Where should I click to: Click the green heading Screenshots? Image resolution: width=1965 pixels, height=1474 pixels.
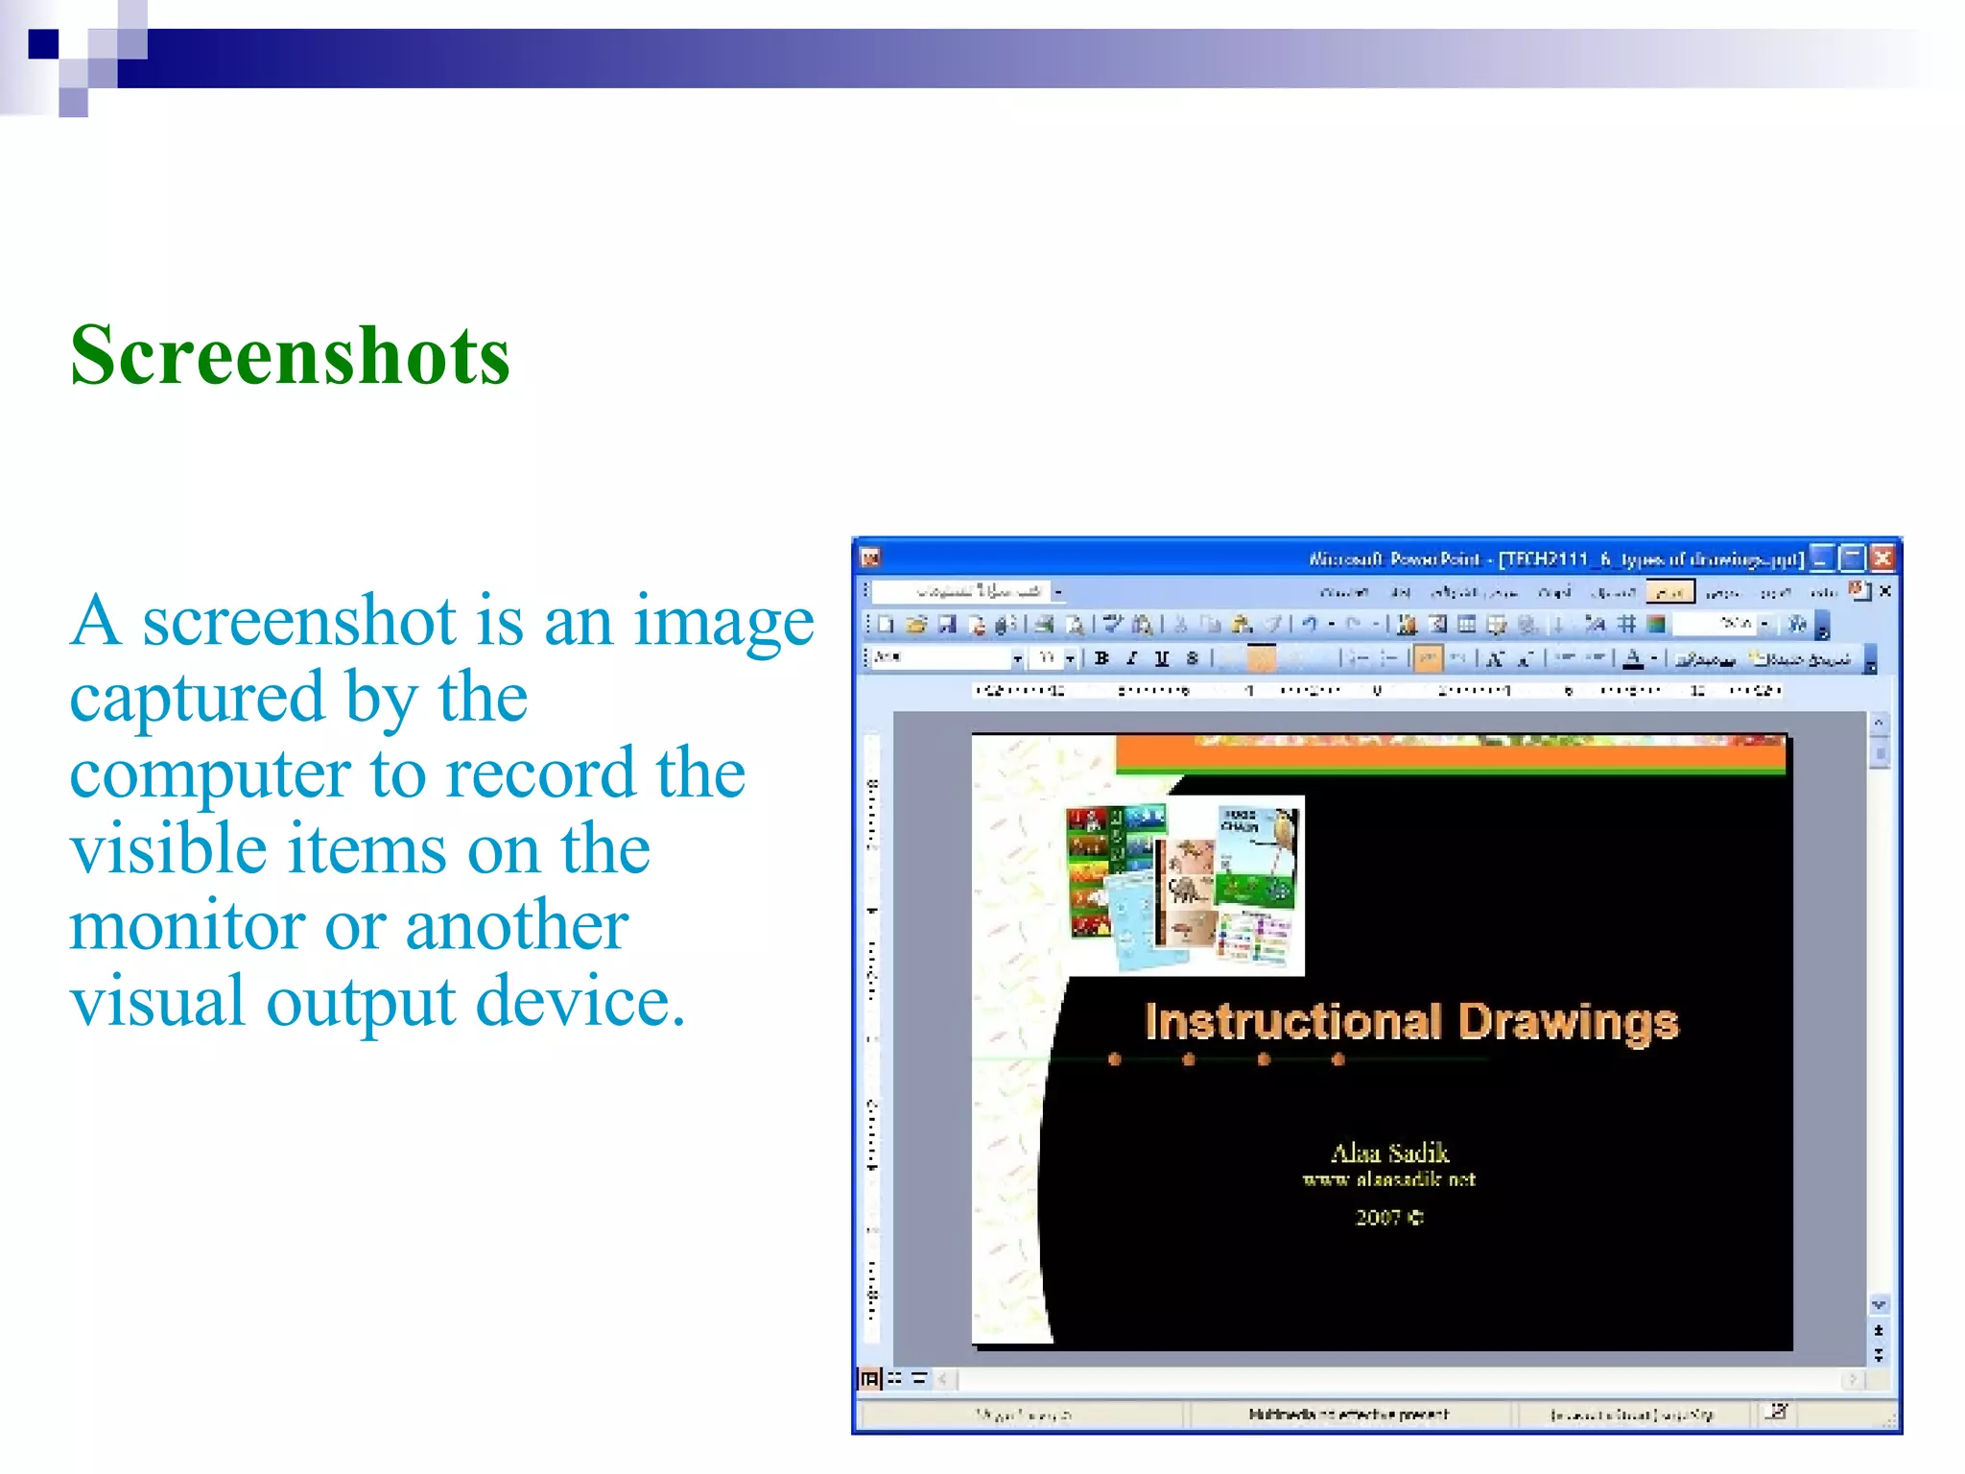[x=290, y=356]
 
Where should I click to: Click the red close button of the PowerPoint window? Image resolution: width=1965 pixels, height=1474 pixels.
[x=1883, y=558]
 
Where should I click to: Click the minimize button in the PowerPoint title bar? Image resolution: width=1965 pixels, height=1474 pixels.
[x=1822, y=558]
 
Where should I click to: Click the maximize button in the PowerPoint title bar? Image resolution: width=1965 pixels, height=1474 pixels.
[x=1853, y=558]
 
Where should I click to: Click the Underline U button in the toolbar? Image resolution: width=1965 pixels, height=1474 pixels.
[x=1162, y=658]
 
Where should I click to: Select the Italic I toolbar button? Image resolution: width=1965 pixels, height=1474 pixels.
[x=1132, y=658]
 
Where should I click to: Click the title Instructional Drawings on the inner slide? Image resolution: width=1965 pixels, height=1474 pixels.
[x=1411, y=1021]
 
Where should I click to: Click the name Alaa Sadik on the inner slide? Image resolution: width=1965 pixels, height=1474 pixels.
[x=1389, y=1153]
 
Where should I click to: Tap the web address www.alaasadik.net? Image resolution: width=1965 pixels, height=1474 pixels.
[x=1388, y=1179]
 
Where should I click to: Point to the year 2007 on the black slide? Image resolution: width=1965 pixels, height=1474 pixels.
[x=1379, y=1217]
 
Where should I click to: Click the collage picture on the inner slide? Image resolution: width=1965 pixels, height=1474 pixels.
[x=1184, y=885]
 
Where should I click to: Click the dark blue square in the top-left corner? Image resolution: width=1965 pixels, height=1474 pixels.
[x=43, y=44]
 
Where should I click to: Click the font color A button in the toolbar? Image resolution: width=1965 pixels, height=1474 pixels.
[x=1633, y=658]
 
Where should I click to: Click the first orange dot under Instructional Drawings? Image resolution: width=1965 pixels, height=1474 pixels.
[x=1114, y=1059]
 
